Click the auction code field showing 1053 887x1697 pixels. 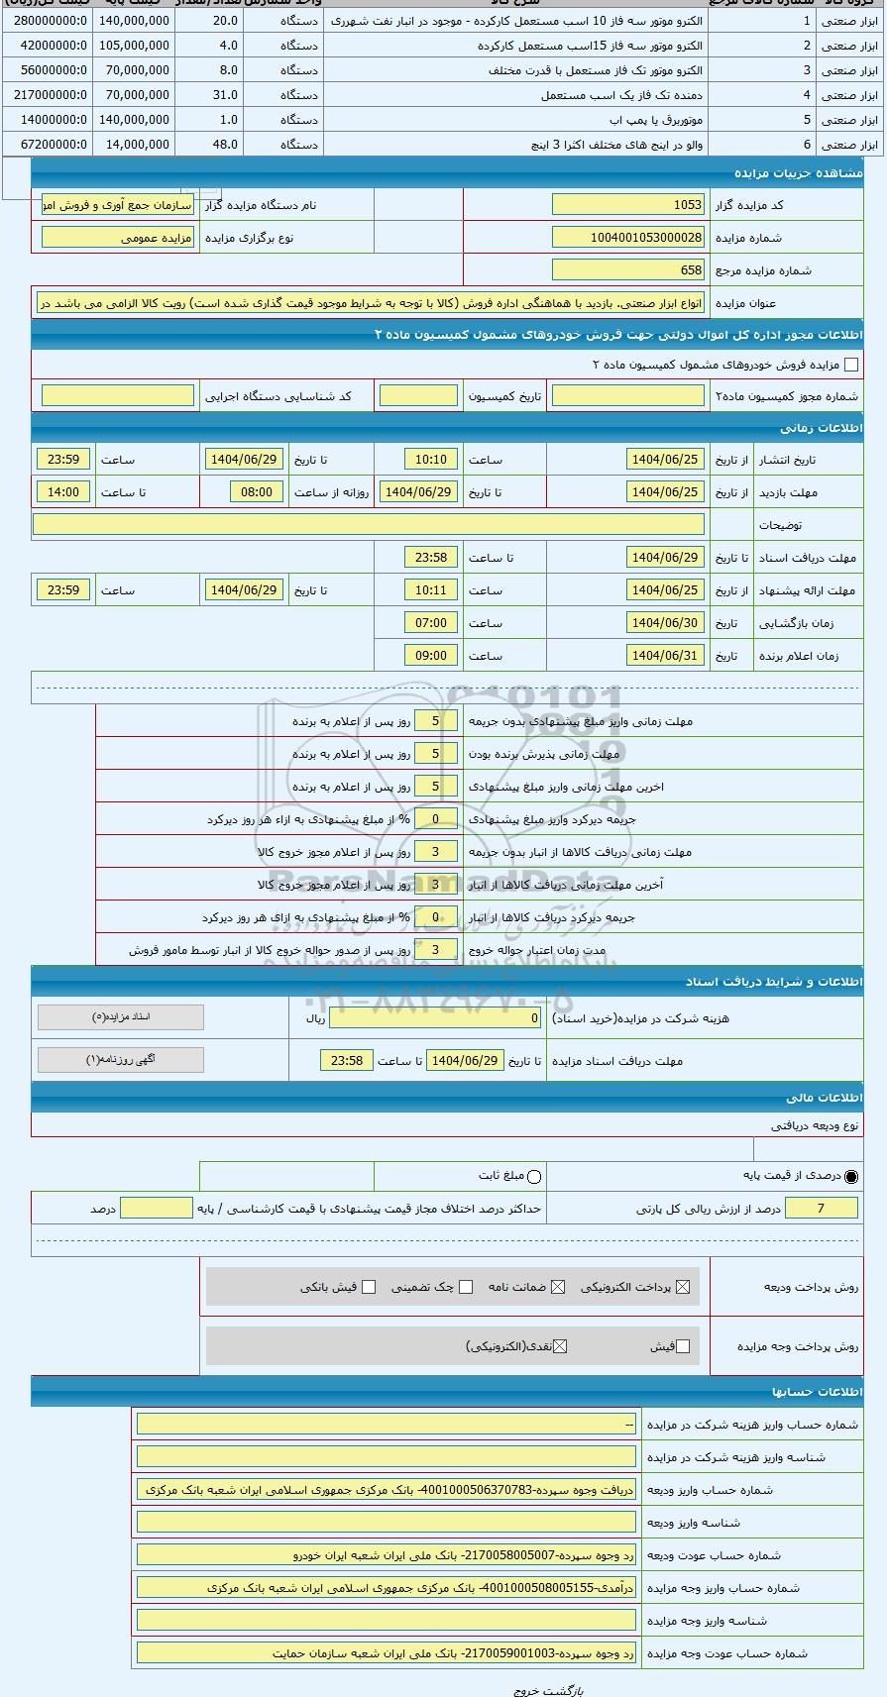pyautogui.click(x=627, y=205)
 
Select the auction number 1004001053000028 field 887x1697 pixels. pyautogui.click(x=627, y=238)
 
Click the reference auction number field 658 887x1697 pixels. pyautogui.click(x=627, y=270)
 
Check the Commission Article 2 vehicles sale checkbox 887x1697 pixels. pyautogui.click(x=850, y=365)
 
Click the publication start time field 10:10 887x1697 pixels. pyautogui.click(x=431, y=460)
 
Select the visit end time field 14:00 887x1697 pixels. pyautogui.click(x=63, y=492)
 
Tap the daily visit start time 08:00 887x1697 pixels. pyautogui.click(x=257, y=492)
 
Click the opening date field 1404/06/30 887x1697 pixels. pyautogui.click(x=665, y=623)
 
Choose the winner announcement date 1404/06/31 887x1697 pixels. pyautogui.click(x=665, y=656)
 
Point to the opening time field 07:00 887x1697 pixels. pyautogui.click(x=431, y=623)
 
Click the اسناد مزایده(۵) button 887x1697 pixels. pyautogui.click(x=121, y=1017)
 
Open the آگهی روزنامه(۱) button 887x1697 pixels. pyautogui.click(x=121, y=1060)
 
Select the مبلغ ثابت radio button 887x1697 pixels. pyautogui.click(x=534, y=1177)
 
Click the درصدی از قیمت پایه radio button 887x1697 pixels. pyautogui.click(x=851, y=1177)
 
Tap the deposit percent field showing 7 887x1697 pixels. pyautogui.click(x=821, y=1209)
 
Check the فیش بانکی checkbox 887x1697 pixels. pyautogui.click(x=369, y=1287)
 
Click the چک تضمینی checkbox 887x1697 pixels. pyautogui.click(x=466, y=1287)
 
